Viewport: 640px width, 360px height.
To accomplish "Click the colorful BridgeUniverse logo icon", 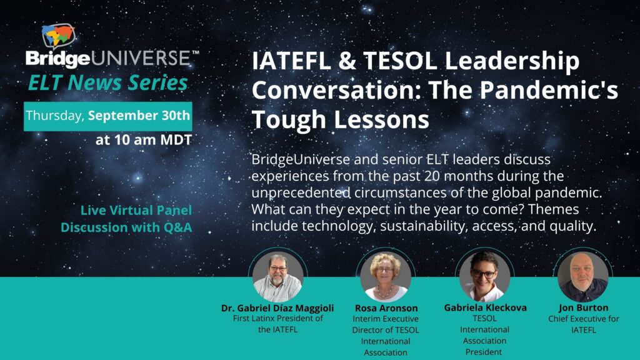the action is pos(58,36).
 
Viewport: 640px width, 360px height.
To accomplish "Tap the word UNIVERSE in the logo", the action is pos(141,59).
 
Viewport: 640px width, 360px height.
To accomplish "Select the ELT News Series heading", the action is pos(107,83).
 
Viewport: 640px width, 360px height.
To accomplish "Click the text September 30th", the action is pos(139,116).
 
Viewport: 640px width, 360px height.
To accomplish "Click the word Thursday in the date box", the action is pos(55,116).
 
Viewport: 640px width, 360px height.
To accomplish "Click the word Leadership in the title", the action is pos(512,62).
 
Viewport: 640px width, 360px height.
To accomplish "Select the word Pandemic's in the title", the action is pos(549,90).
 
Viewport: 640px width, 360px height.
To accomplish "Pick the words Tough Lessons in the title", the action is pos(341,120).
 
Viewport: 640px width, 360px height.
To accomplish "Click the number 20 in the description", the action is pos(432,176).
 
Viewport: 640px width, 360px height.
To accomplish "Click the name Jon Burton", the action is pos(584,307).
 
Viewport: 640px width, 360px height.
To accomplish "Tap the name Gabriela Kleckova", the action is pos(485,307).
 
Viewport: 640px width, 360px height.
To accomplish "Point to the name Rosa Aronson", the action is pos(386,308).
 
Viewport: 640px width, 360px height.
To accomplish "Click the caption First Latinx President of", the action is pos(278,318).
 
